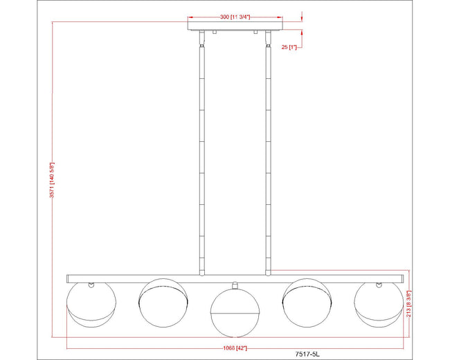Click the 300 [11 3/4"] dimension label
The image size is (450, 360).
[x=235, y=17]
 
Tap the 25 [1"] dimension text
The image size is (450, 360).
[x=289, y=47]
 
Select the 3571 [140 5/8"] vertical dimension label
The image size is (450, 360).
[x=52, y=180]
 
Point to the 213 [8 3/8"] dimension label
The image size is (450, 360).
[x=409, y=303]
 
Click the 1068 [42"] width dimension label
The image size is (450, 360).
[x=235, y=348]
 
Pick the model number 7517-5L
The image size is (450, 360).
[x=307, y=354]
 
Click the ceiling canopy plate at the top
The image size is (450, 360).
[x=235, y=24]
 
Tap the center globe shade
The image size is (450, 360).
[x=235, y=312]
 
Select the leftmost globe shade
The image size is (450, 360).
[x=91, y=305]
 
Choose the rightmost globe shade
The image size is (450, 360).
[x=379, y=305]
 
